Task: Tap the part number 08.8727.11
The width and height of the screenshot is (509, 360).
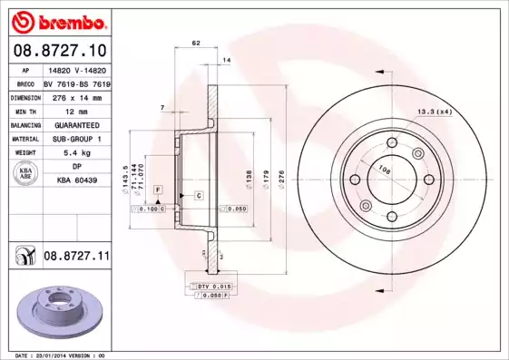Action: pyautogui.click(x=76, y=257)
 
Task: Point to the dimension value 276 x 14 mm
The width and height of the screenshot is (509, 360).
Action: pyautogui.click(x=78, y=97)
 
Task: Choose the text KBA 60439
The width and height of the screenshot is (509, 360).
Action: pyautogui.click(x=78, y=180)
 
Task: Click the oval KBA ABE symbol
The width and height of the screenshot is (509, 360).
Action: pyautogui.click(x=25, y=174)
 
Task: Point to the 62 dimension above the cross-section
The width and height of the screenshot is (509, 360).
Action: pyautogui.click(x=196, y=44)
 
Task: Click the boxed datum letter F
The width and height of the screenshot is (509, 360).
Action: pyautogui.click(x=158, y=188)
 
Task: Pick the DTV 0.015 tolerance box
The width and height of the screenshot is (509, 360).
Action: pyautogui.click(x=209, y=286)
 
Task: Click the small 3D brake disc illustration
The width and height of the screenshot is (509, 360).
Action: pyautogui.click(x=63, y=310)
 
